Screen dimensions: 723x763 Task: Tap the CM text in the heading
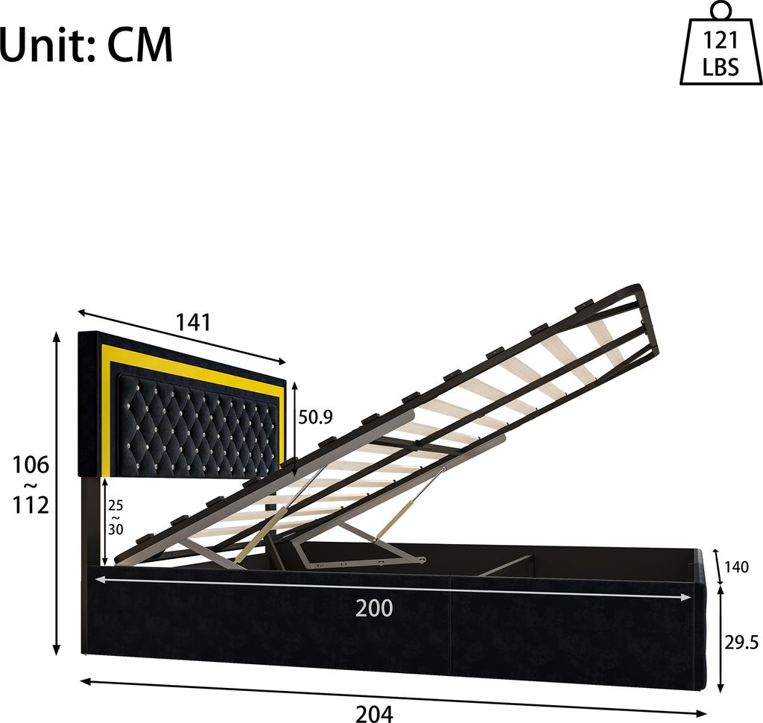point(140,46)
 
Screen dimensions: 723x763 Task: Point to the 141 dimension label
point(193,322)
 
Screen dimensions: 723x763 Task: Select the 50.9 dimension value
point(315,417)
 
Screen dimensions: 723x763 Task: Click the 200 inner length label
point(373,608)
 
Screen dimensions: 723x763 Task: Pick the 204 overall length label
point(373,713)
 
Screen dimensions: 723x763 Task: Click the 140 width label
point(736,567)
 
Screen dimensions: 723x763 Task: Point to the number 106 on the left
point(30,465)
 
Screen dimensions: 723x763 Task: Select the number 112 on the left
point(30,505)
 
